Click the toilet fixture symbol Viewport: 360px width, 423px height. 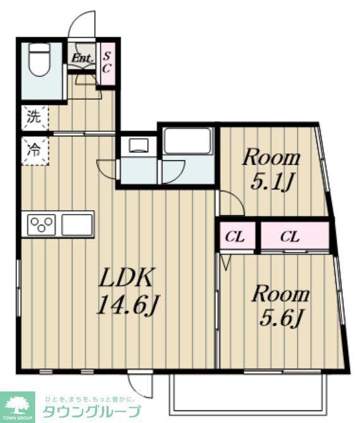point(39,59)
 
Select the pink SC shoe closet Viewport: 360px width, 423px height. point(107,64)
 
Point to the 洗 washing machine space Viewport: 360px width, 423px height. point(35,118)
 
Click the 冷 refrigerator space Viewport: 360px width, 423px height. point(35,150)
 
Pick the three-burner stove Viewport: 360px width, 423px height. point(41,225)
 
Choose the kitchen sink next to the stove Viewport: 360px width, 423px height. point(77,225)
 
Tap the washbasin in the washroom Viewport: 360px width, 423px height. point(138,145)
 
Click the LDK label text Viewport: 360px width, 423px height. point(126,277)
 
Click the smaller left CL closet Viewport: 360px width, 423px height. point(237,235)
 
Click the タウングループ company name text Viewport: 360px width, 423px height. point(92,412)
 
